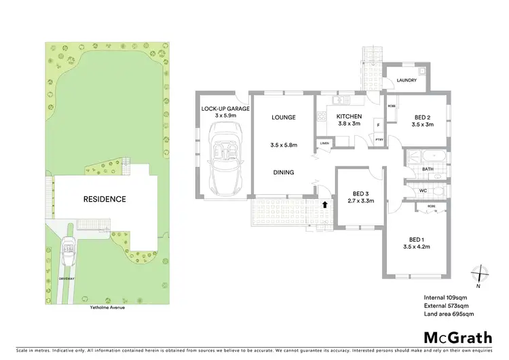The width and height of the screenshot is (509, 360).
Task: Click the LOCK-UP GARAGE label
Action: pyautogui.click(x=225, y=109)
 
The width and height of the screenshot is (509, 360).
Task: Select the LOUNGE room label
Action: pyautogui.click(x=284, y=118)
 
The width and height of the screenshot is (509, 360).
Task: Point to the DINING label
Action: pyautogui.click(x=284, y=173)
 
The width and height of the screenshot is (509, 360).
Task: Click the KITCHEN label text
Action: pyautogui.click(x=350, y=116)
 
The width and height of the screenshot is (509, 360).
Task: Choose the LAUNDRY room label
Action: pyautogui.click(x=407, y=80)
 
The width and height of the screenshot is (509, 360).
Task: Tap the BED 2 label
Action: pyautogui.click(x=424, y=116)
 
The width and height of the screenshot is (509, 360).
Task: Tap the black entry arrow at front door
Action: pyautogui.click(x=325, y=203)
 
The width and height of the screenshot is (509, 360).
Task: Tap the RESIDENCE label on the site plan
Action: pyautogui.click(x=105, y=200)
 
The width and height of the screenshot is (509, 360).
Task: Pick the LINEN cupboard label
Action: pyautogui.click(x=324, y=143)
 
